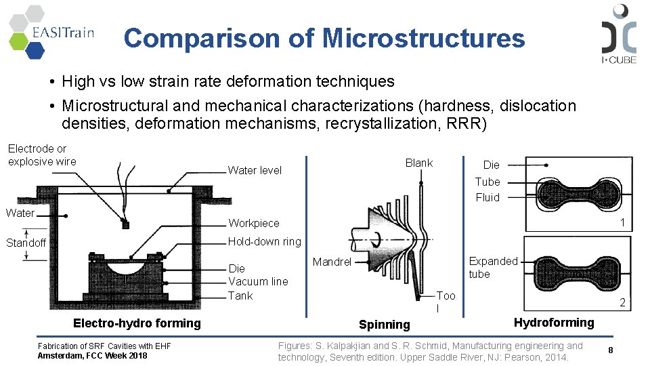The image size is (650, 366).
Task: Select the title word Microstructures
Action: click(x=423, y=39)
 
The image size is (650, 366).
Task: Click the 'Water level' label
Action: click(x=255, y=170)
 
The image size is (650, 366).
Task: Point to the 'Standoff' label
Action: click(x=26, y=243)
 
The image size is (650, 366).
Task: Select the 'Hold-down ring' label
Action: click(x=264, y=241)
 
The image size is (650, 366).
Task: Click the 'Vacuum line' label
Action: click(x=258, y=281)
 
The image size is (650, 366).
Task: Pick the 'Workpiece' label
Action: click(x=253, y=223)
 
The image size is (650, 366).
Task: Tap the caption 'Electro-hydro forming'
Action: click(x=137, y=323)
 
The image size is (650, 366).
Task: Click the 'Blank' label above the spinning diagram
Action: click(x=418, y=163)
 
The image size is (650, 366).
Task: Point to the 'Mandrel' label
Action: click(x=332, y=262)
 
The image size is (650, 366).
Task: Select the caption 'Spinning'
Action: click(x=384, y=325)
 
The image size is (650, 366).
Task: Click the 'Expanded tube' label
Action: click(x=493, y=268)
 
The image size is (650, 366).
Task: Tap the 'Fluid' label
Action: click(x=487, y=197)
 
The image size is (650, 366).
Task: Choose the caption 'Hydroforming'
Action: click(x=553, y=323)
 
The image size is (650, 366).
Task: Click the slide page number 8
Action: click(x=610, y=350)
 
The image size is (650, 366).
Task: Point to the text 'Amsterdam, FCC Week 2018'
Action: click(x=92, y=355)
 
